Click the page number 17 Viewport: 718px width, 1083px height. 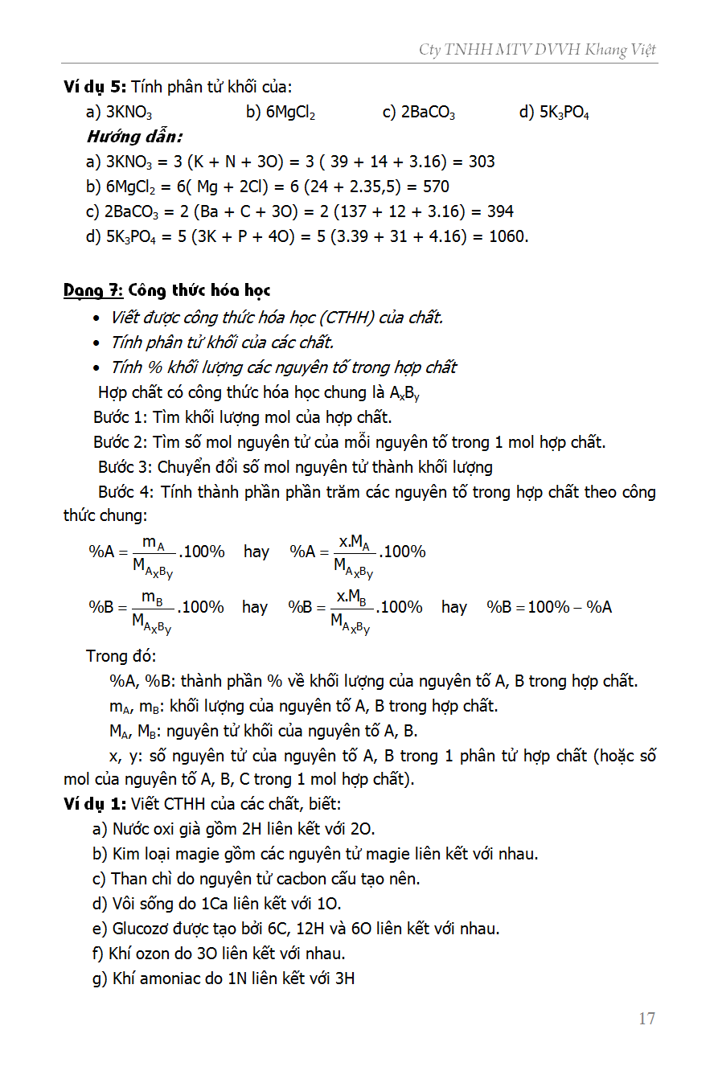coord(646,1019)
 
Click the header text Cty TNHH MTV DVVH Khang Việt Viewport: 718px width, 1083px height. coord(537,50)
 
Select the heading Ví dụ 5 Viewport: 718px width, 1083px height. coord(95,87)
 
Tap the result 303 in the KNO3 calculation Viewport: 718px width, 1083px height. coord(482,162)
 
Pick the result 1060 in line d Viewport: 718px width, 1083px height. coord(508,236)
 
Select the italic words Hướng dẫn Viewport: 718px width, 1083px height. coord(134,137)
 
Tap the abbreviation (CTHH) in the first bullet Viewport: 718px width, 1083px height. coord(334,318)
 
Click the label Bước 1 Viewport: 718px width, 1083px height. coord(120,417)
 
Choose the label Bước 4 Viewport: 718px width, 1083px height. coord(125,491)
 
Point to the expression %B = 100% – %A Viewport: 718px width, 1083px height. coord(549,607)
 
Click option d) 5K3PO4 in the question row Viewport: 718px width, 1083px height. coord(554,113)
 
